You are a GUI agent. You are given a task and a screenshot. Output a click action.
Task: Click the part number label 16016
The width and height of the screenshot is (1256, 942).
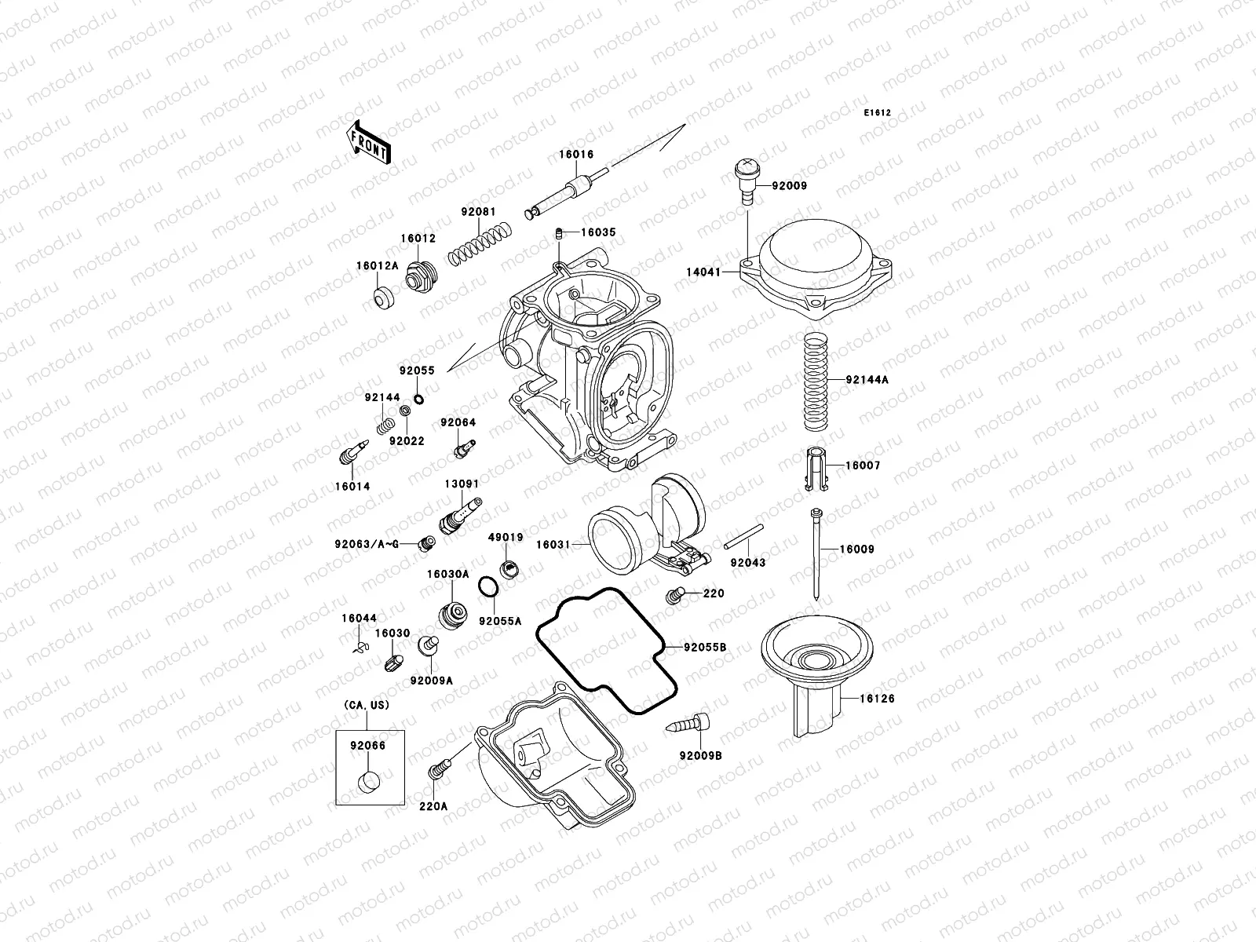click(x=576, y=155)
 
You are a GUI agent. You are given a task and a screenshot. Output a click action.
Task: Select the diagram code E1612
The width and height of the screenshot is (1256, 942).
click(x=878, y=113)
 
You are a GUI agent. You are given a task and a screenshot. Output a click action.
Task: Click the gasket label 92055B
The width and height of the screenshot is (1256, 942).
click(x=705, y=648)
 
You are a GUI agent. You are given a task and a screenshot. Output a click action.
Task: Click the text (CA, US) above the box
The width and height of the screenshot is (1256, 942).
click(x=366, y=705)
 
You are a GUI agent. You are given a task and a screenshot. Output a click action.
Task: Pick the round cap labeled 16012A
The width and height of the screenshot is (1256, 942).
click(x=384, y=299)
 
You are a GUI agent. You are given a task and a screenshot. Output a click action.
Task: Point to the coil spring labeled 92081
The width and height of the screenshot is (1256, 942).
click(x=481, y=242)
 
